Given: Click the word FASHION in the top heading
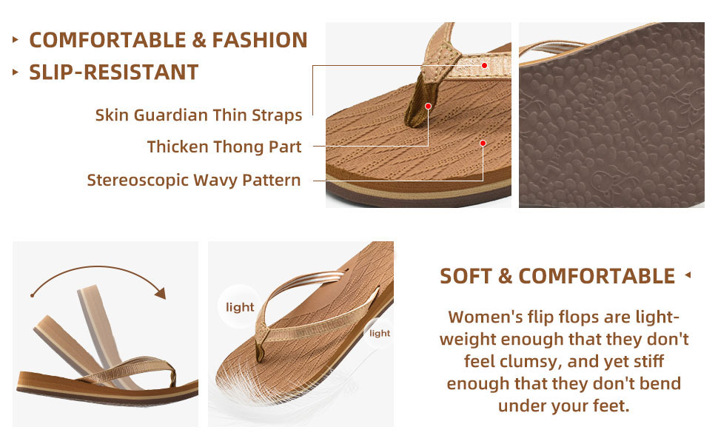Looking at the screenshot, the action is point(260,40).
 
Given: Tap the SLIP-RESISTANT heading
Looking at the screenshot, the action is point(113,73).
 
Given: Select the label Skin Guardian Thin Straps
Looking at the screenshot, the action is point(198,115).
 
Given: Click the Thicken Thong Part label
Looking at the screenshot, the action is point(224,147).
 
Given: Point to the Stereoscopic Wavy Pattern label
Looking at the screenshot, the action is point(194,181).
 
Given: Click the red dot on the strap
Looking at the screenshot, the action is point(484,65).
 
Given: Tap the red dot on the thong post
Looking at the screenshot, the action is point(428,107).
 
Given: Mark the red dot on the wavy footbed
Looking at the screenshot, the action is point(483,144).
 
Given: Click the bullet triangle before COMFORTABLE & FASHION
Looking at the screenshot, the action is point(15,40).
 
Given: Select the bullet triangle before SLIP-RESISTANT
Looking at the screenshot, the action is point(15,73).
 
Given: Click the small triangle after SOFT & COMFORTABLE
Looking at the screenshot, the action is point(688,275).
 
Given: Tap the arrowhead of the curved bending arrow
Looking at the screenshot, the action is point(161,293).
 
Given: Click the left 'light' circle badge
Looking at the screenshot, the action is point(240,306).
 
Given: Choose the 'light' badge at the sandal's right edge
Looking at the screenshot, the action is point(379,333).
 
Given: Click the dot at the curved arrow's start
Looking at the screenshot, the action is point(32,296).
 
